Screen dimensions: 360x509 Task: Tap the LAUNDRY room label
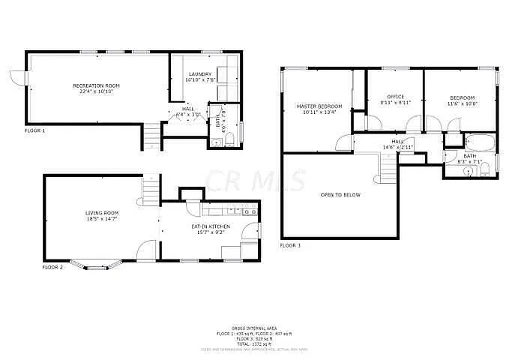pyautogui.click(x=200, y=73)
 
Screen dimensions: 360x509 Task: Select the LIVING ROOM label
pyautogui.click(x=101, y=213)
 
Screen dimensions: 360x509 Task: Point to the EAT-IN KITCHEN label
pyautogui.click(x=210, y=226)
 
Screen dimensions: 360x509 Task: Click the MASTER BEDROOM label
pyautogui.click(x=319, y=106)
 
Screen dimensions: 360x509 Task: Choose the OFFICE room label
pyautogui.click(x=396, y=97)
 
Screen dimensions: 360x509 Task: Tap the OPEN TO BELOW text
pyautogui.click(x=340, y=195)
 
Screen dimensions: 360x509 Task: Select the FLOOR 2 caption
pyautogui.click(x=52, y=267)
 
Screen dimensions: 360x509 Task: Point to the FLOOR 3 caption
pyautogui.click(x=290, y=245)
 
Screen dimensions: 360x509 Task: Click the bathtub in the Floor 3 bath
pyautogui.click(x=478, y=140)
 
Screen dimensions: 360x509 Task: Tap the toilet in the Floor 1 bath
pyautogui.click(x=230, y=136)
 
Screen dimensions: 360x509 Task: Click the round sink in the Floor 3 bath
pyautogui.click(x=468, y=170)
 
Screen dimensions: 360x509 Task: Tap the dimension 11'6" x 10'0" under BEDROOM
pyautogui.click(x=462, y=103)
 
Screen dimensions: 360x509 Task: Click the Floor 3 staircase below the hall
pyautogui.click(x=388, y=174)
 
